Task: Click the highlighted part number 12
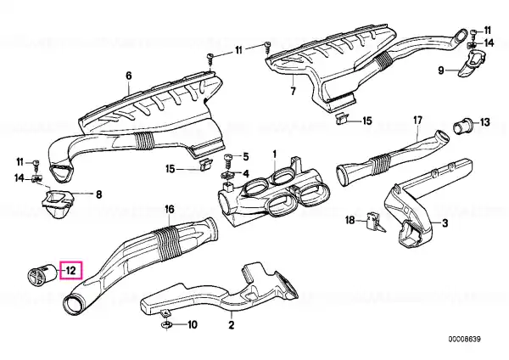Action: (71, 270)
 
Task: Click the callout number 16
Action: (170, 209)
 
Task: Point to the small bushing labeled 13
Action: (462, 126)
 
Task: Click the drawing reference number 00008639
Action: (465, 340)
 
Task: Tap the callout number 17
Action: (417, 121)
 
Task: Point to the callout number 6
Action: (129, 76)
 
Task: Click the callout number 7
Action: (293, 92)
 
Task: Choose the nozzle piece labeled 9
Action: (470, 64)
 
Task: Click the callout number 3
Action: (445, 223)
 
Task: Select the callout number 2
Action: (231, 324)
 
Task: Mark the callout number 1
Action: (274, 154)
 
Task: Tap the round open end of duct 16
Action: (74, 305)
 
